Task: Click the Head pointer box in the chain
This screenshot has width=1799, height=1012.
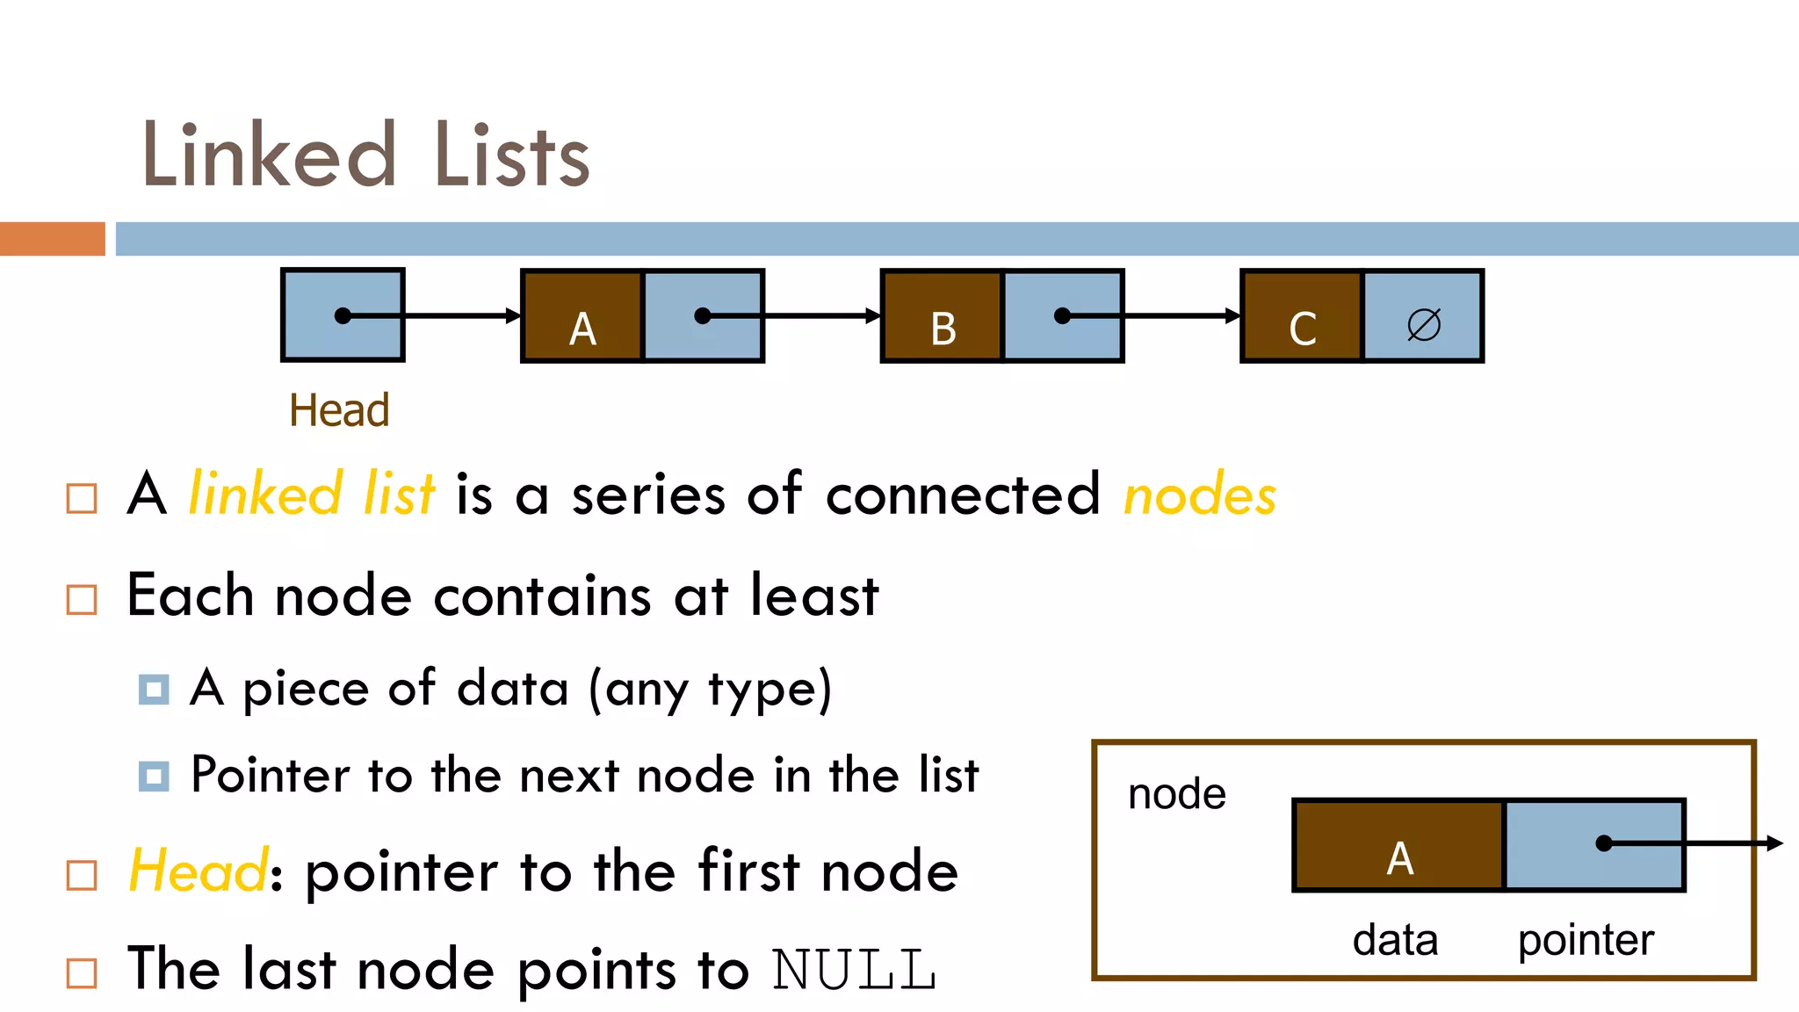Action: point(343,314)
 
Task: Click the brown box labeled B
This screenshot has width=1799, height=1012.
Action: point(942,316)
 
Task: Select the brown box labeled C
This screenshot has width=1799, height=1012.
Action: point(1302,316)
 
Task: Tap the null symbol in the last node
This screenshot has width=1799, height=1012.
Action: point(1423,324)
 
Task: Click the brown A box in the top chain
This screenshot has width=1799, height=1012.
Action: point(582,316)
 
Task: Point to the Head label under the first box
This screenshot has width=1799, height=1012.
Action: point(339,410)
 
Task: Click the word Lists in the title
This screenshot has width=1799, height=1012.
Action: point(511,156)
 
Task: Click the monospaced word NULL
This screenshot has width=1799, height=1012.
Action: point(854,970)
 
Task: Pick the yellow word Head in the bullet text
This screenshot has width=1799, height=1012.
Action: point(198,871)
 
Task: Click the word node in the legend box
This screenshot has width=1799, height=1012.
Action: point(1176,794)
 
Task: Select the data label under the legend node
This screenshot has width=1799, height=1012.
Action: point(1395,940)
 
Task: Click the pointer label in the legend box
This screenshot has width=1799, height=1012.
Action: point(1586,940)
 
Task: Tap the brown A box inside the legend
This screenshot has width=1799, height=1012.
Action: point(1398,846)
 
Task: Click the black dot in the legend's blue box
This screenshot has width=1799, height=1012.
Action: point(1604,843)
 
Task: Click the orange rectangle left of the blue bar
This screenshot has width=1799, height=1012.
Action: point(52,239)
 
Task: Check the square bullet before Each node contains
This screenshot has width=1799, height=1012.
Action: point(82,600)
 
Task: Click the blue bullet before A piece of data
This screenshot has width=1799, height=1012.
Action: point(154,690)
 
